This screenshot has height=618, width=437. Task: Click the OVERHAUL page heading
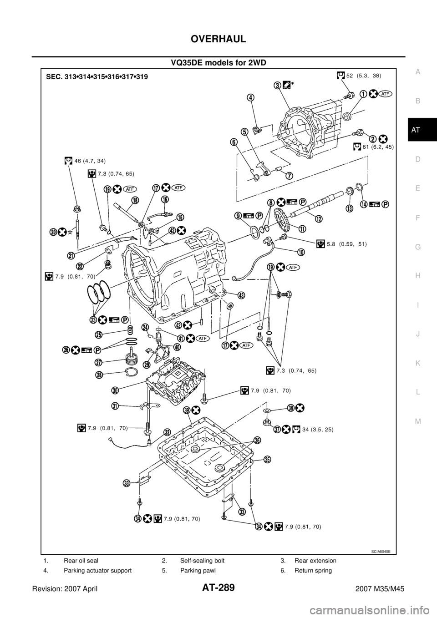click(x=218, y=39)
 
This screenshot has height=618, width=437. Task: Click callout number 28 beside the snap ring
click(x=99, y=375)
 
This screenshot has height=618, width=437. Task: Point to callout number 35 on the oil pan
click(x=267, y=459)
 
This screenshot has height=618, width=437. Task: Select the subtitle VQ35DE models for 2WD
click(x=218, y=63)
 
